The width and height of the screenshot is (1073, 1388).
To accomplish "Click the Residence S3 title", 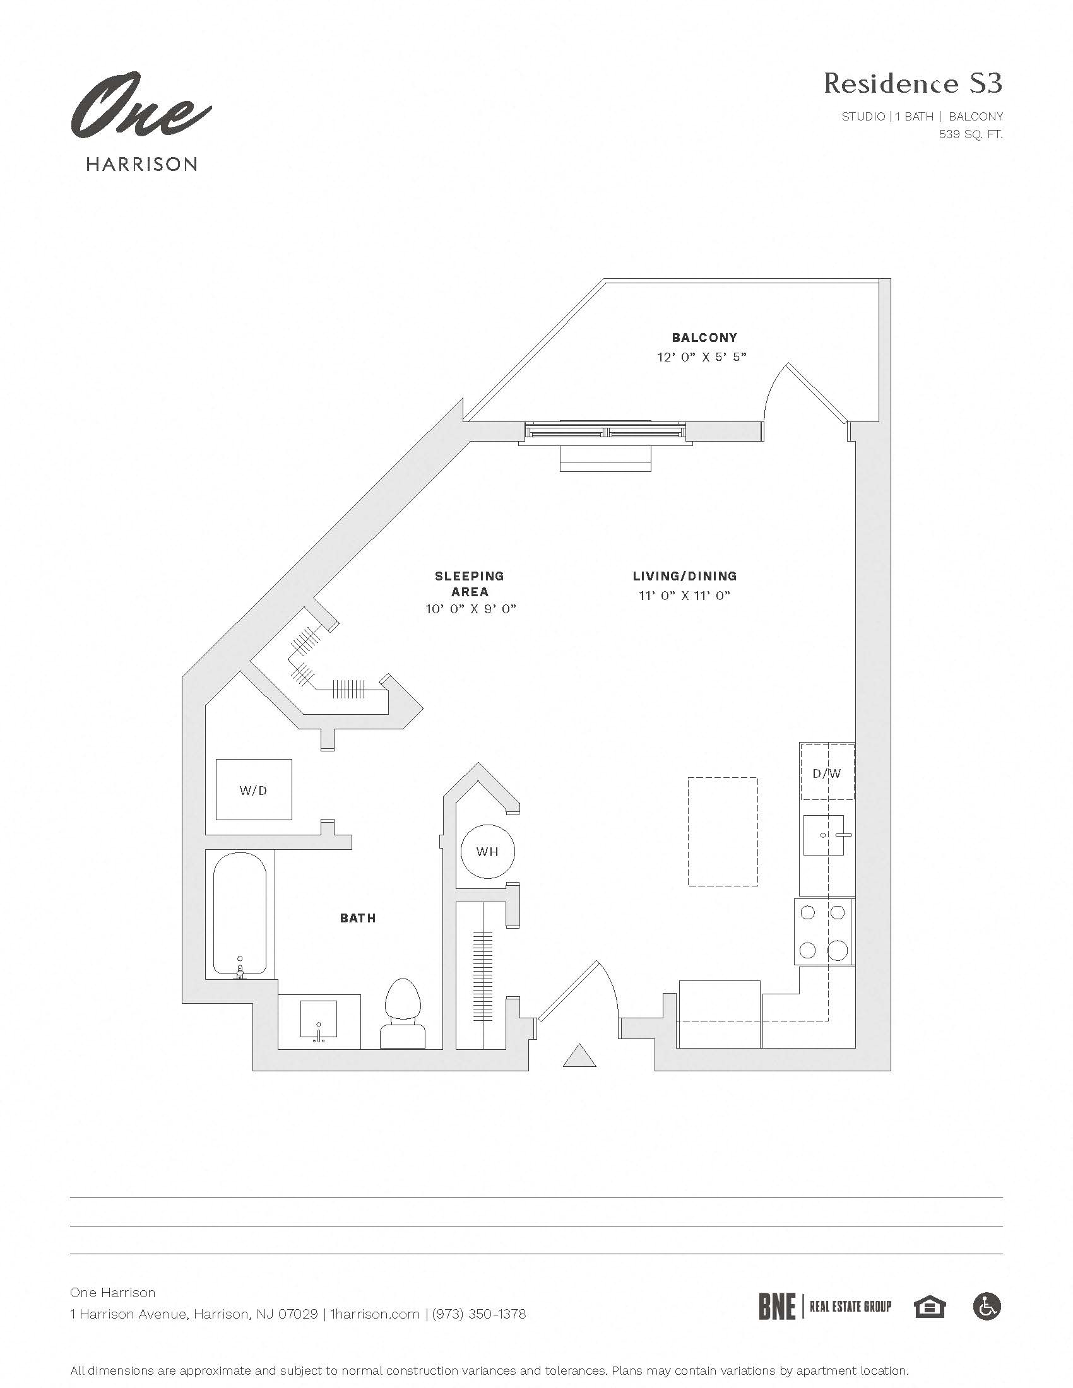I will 913,83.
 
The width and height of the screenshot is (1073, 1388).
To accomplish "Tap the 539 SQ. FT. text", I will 971,134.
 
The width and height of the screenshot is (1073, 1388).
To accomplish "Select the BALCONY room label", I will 704,338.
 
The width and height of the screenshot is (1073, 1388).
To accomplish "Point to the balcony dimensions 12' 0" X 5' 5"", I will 701,357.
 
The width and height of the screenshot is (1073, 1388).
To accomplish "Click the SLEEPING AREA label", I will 469,584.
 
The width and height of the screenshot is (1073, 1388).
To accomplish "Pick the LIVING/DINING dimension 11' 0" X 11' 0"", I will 685,596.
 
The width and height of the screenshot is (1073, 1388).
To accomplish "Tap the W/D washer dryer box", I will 254,789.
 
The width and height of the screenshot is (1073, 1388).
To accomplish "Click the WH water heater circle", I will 487,852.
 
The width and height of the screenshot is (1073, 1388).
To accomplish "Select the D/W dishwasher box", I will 826,773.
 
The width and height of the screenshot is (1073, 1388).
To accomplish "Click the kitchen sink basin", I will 823,835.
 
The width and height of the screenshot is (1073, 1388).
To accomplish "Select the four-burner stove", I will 823,932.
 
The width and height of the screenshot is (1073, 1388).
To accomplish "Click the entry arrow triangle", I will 579,1056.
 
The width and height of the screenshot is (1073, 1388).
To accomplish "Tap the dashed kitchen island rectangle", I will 723,832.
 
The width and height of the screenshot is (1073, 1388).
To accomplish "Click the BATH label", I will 358,918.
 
